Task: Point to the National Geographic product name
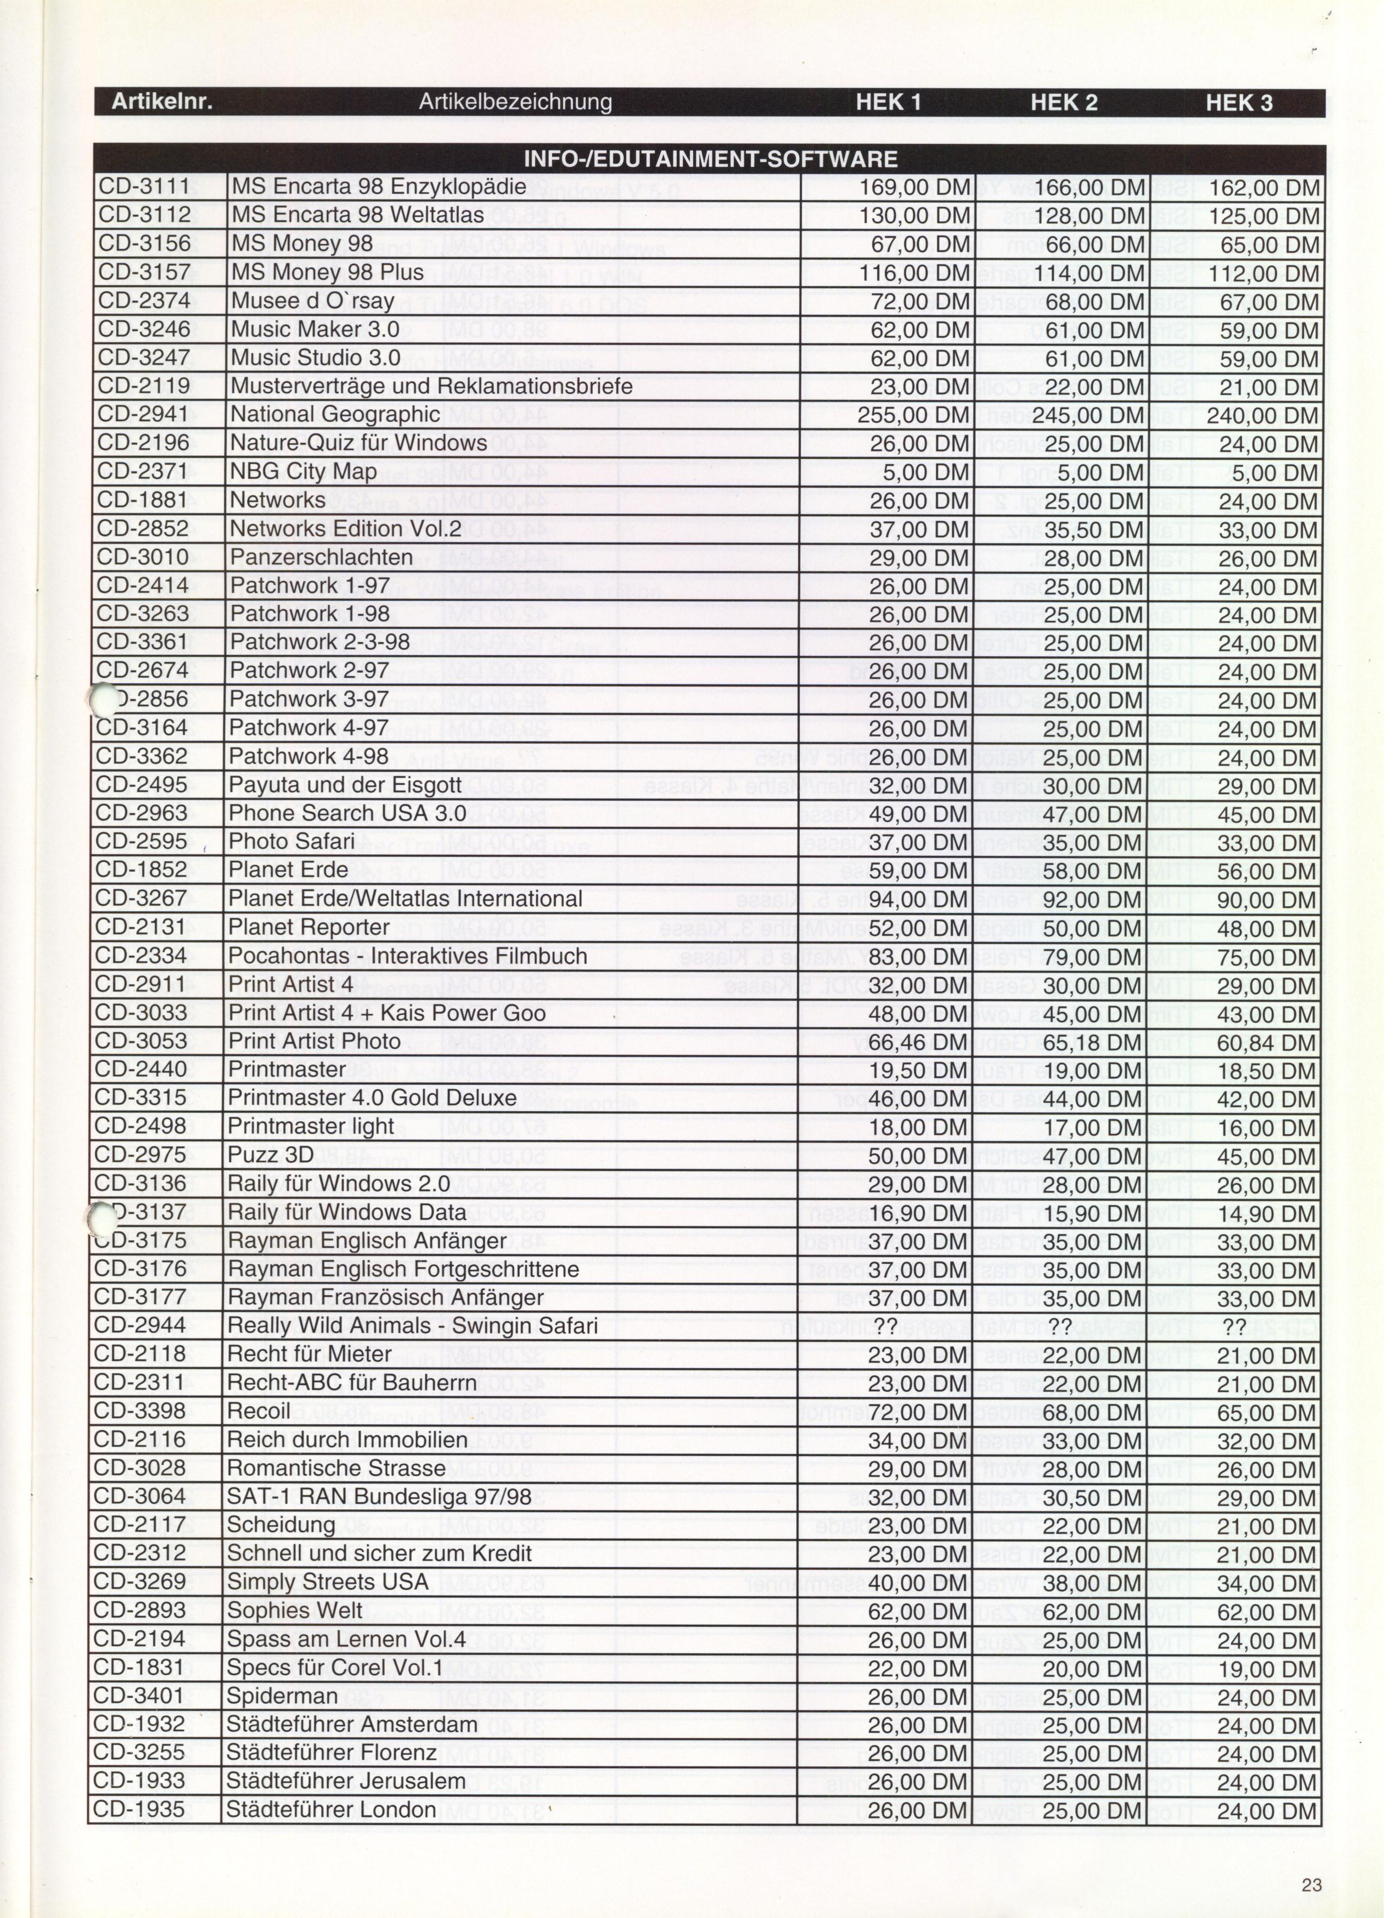[x=335, y=414]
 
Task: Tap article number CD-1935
[x=139, y=1810]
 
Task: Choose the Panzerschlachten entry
[x=321, y=557]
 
